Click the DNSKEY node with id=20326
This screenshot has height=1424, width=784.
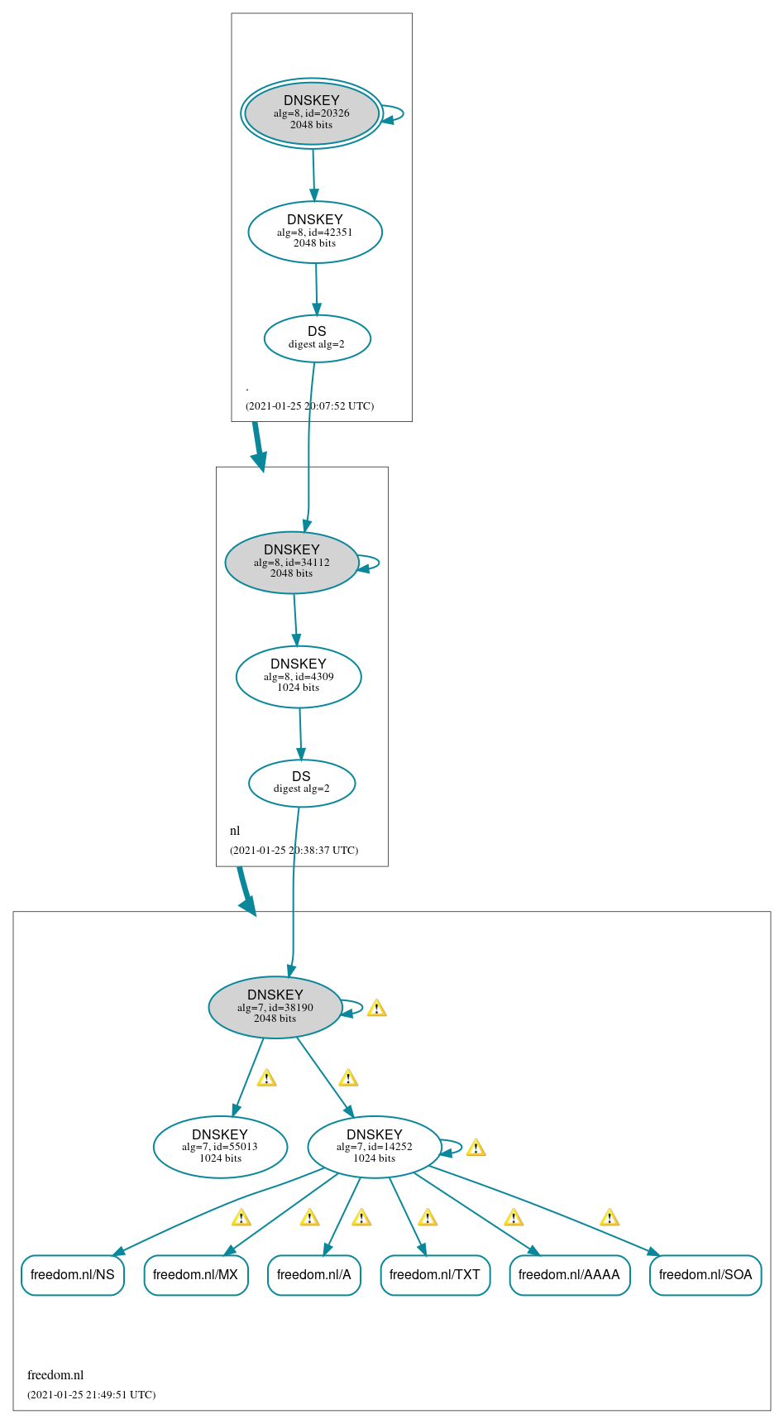click(x=312, y=113)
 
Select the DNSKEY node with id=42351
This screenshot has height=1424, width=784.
click(x=315, y=232)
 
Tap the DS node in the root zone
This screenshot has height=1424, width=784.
click(x=317, y=338)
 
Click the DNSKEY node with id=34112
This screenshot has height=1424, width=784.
click(x=292, y=562)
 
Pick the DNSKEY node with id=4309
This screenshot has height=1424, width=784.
click(x=299, y=676)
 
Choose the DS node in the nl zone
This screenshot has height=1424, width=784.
click(x=302, y=782)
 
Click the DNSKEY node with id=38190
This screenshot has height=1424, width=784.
click(x=275, y=1007)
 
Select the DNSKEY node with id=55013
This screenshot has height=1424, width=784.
click(x=220, y=1147)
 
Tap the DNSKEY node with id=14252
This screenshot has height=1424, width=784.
click(x=375, y=1147)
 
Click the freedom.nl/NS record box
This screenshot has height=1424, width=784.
click(x=73, y=1274)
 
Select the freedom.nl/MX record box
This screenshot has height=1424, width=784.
click(x=196, y=1274)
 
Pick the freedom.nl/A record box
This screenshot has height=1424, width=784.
click(x=314, y=1274)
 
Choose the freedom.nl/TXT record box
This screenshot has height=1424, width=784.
click(x=435, y=1274)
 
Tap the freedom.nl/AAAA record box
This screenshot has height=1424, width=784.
click(x=570, y=1274)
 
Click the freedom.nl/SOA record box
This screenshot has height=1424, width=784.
click(x=705, y=1274)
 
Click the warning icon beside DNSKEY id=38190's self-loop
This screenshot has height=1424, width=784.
click(x=376, y=1008)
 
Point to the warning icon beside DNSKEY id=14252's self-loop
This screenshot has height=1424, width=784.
click(x=476, y=1148)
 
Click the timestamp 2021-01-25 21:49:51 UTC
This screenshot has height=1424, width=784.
click(x=91, y=1394)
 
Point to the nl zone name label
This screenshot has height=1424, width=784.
click(x=235, y=831)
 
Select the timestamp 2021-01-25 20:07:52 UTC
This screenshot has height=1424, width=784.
click(x=309, y=405)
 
